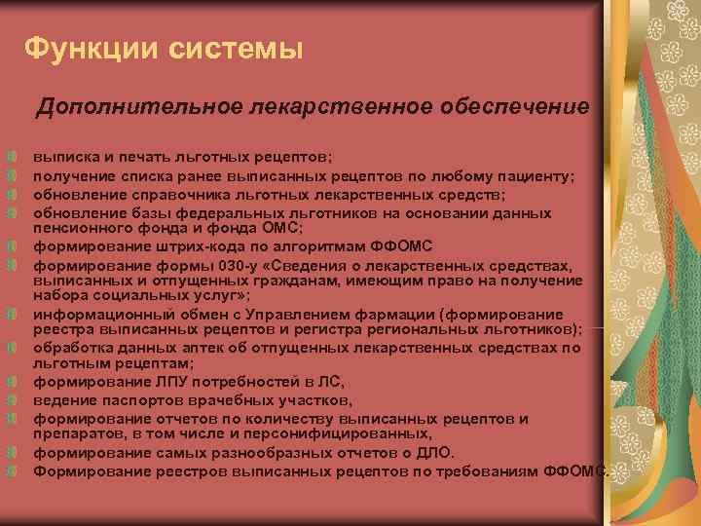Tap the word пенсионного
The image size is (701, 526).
pyautogui.click(x=83, y=229)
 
